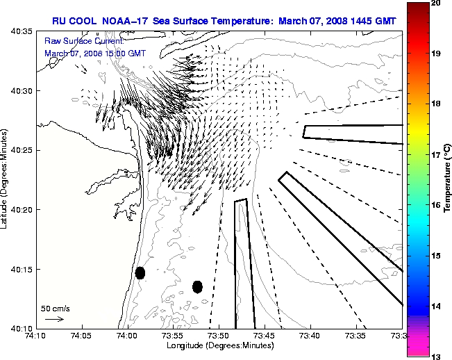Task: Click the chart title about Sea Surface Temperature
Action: tap(224, 21)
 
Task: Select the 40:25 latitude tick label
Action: tap(22, 150)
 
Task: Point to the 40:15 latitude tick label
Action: tap(22, 269)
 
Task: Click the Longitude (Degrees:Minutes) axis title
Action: tap(219, 345)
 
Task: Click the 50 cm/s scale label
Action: tap(55, 308)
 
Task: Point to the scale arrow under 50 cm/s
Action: tap(54, 319)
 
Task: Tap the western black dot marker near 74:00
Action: tap(140, 272)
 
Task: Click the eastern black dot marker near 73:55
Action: tap(197, 286)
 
